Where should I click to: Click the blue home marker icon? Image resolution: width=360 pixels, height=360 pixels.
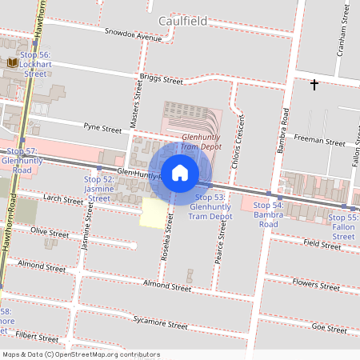click(x=180, y=172)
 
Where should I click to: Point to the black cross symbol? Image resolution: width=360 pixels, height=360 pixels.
click(x=314, y=83)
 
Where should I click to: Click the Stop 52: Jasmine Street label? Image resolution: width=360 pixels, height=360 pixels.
click(x=98, y=189)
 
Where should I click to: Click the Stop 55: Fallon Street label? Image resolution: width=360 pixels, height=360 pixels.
click(x=343, y=226)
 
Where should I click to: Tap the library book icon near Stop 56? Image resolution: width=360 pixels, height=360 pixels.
click(x=13, y=62)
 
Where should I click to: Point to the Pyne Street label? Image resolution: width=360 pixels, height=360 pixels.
click(x=102, y=127)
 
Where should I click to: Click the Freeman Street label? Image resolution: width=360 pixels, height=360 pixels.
click(x=318, y=141)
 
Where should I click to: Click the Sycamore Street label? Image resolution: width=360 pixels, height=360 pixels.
click(x=161, y=324)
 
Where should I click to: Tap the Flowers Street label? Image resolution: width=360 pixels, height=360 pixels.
click(x=316, y=283)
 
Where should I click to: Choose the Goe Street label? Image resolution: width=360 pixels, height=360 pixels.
click(x=329, y=328)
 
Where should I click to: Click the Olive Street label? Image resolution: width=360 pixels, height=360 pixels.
click(x=50, y=230)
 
